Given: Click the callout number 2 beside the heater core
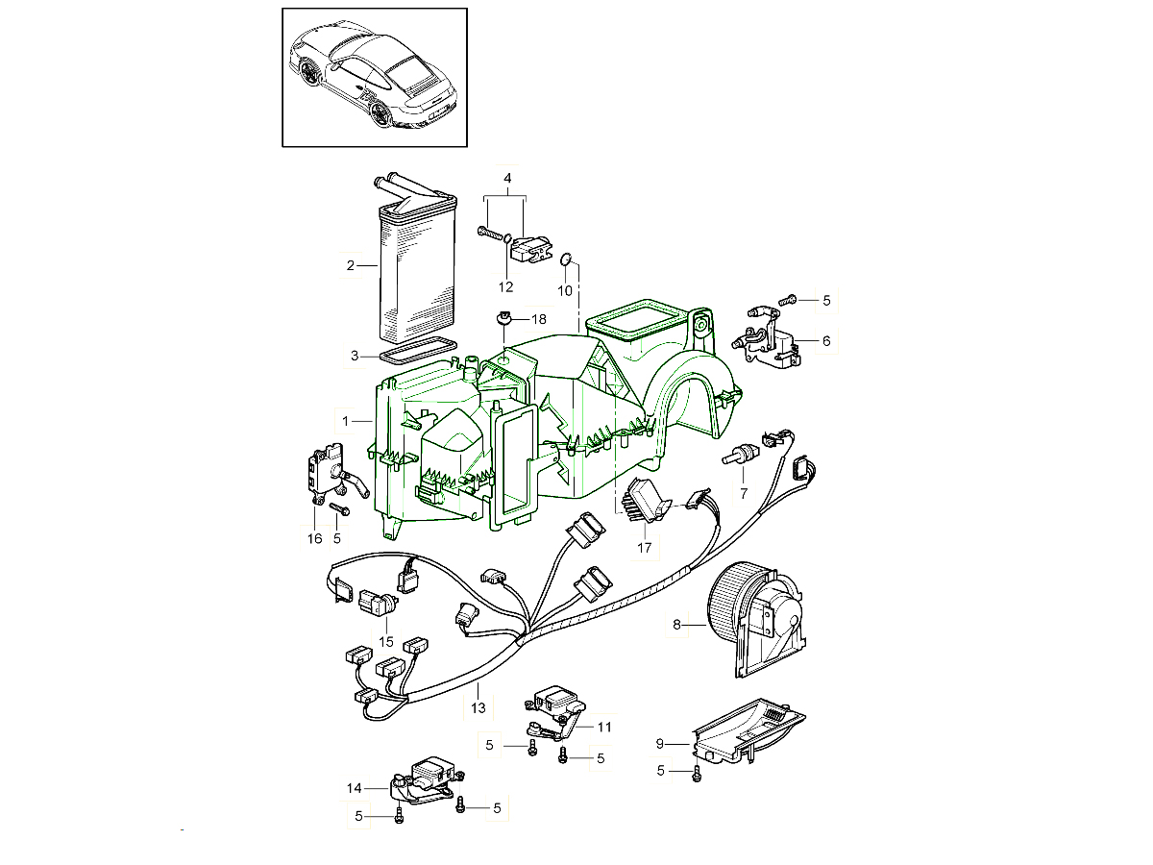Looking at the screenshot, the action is pos(351,266).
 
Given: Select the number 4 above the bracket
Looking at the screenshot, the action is pos(507,178).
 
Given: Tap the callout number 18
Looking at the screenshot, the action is pos(539,319).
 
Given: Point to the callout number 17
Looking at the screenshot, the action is pos(644,548).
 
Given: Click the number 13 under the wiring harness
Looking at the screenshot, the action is pos(478,708).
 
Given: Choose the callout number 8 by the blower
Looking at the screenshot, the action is pos(676,625).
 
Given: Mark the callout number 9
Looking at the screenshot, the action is pos(660,744).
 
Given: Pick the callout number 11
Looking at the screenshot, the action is pos(604,727).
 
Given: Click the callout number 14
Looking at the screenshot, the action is pos(354,788).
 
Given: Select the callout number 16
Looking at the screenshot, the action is pos(314,539).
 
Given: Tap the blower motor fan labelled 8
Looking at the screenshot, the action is pos(755,620).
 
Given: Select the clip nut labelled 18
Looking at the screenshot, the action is pos(503,318).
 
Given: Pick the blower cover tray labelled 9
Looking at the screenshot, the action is pos(748,731).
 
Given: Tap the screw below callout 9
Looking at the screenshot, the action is pos(697,774).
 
